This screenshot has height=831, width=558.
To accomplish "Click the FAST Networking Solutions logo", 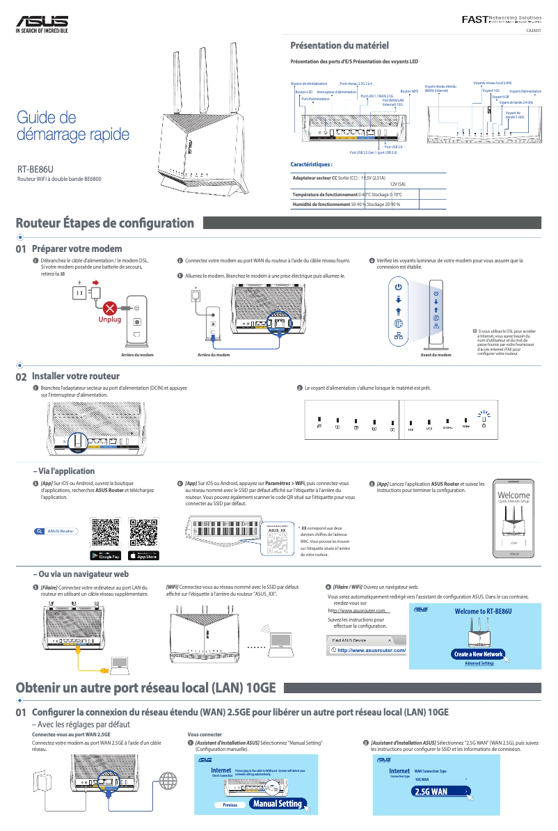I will pos(502,18).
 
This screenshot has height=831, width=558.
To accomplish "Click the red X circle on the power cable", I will pos(109,308).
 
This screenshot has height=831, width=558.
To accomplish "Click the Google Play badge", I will pos(106,555).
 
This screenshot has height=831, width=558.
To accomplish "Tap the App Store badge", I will pos(144,555).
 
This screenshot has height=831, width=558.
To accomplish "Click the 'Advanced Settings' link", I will pos(479,663).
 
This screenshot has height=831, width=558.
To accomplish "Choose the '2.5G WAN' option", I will pos(431,792).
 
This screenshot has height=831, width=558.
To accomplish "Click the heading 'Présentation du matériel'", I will pos(339,45).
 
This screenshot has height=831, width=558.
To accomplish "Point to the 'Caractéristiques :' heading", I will pos(311,165).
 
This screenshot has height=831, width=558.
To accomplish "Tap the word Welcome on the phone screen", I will pos(514,495).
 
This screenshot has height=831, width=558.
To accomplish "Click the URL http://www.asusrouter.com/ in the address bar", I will pos(371,651).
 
